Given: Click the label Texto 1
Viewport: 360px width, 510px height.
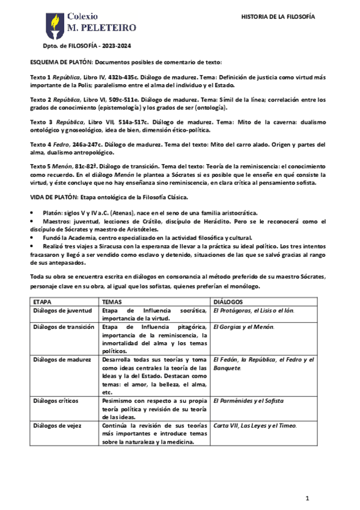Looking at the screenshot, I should point(40,78).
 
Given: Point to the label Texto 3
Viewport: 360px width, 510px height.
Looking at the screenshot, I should point(41,122).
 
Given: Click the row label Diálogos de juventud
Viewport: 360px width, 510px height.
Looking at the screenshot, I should point(63,311).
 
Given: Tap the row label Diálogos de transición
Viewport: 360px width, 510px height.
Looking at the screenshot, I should point(64,327).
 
